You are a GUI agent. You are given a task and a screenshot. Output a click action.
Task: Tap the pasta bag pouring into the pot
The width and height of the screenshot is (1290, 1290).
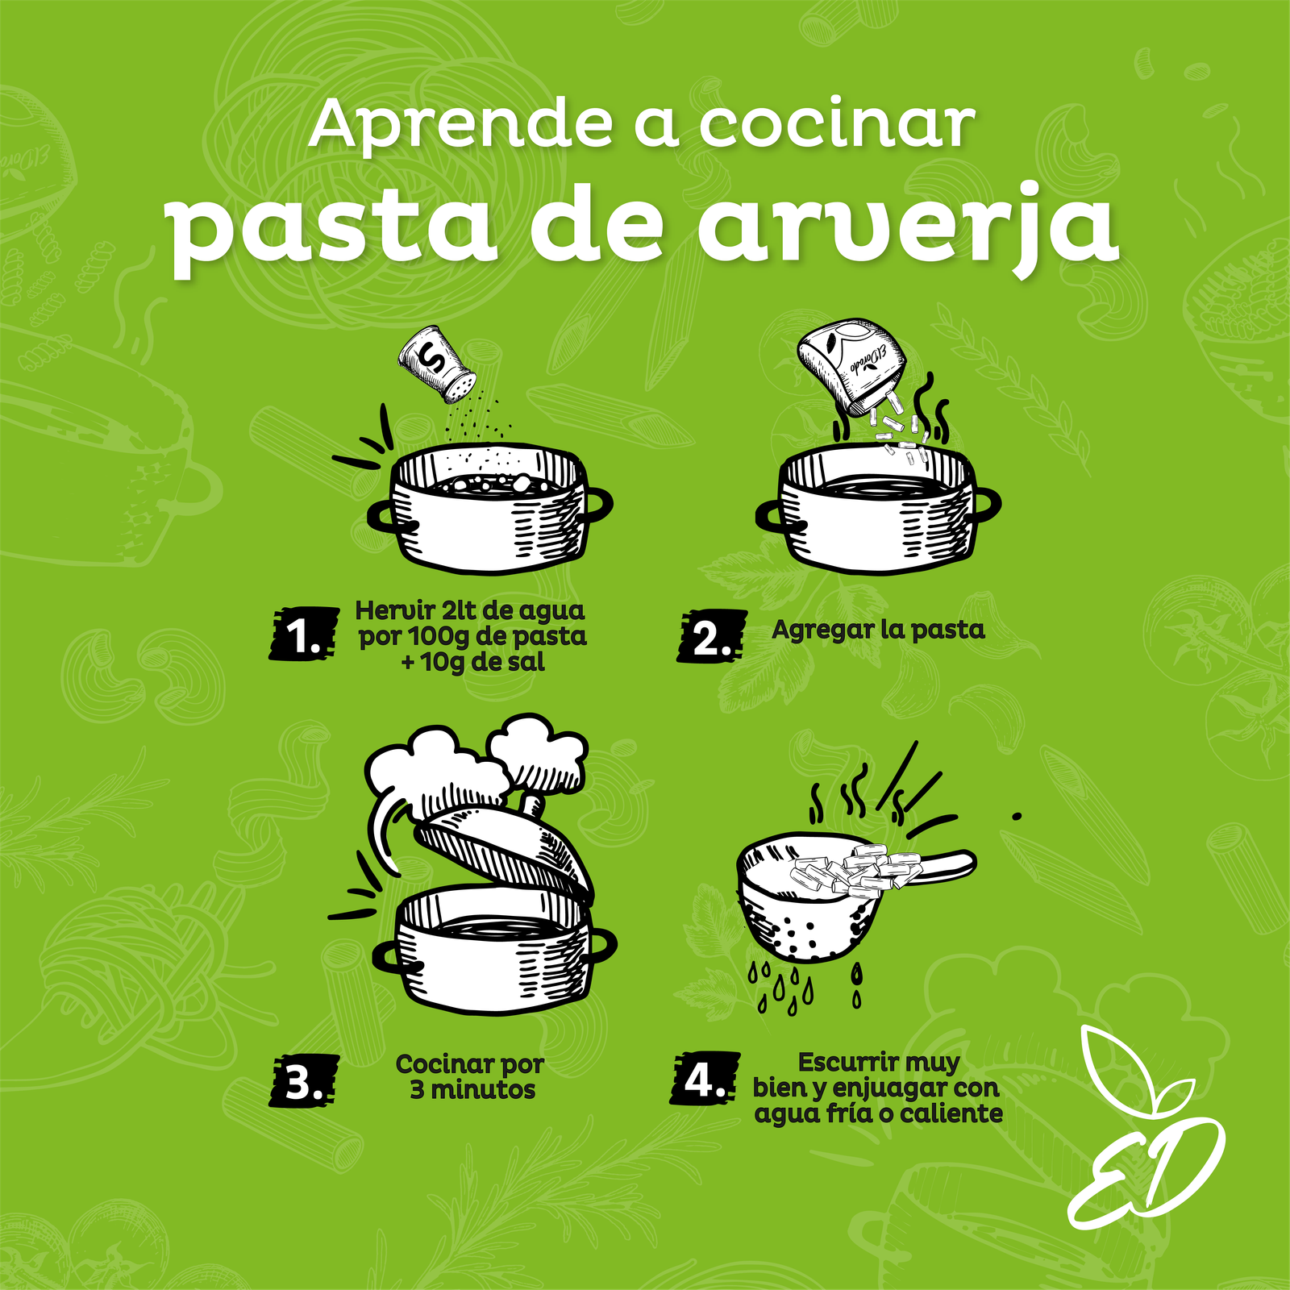click(851, 363)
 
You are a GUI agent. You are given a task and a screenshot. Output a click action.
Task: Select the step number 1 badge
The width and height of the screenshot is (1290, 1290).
click(303, 634)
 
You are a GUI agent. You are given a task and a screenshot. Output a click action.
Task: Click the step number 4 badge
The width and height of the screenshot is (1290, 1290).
click(705, 1078)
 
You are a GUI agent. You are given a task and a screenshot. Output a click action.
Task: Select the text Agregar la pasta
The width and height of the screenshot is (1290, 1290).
click(878, 630)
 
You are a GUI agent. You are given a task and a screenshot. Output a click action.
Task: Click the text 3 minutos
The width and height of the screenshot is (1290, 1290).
click(472, 1090)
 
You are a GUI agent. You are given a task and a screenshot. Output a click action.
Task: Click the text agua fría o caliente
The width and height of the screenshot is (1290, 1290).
click(879, 1114)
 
